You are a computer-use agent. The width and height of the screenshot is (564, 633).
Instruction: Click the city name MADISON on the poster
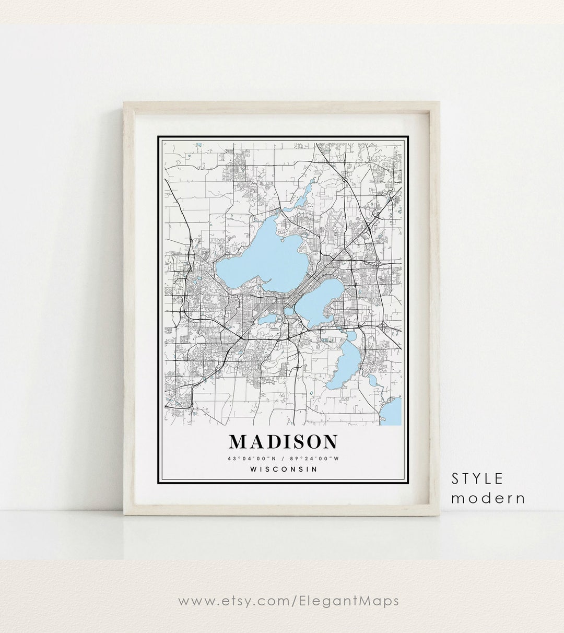point(283,442)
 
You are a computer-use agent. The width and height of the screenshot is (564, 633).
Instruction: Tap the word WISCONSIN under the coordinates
point(284,468)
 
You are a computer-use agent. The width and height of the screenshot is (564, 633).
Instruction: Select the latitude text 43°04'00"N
point(249,459)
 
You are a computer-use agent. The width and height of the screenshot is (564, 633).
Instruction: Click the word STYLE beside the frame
point(477,478)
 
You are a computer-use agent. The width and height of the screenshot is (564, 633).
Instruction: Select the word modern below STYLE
point(488,498)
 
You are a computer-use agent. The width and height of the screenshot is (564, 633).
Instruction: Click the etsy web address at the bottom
point(288,601)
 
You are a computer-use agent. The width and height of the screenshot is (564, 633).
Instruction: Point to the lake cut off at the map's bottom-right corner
point(393,412)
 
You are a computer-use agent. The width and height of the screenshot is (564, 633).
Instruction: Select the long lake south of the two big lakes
point(345,366)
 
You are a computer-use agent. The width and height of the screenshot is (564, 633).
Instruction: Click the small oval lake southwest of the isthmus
point(268,319)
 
